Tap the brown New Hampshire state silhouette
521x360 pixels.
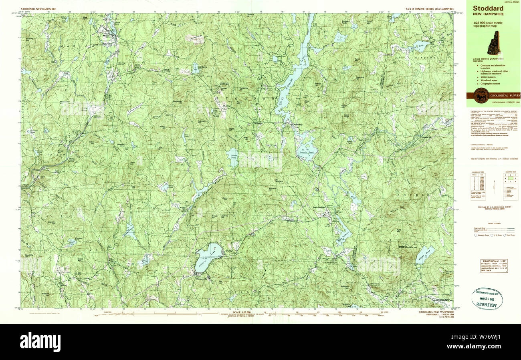[x=493, y=43]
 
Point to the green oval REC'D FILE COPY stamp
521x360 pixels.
[x=487, y=299]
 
